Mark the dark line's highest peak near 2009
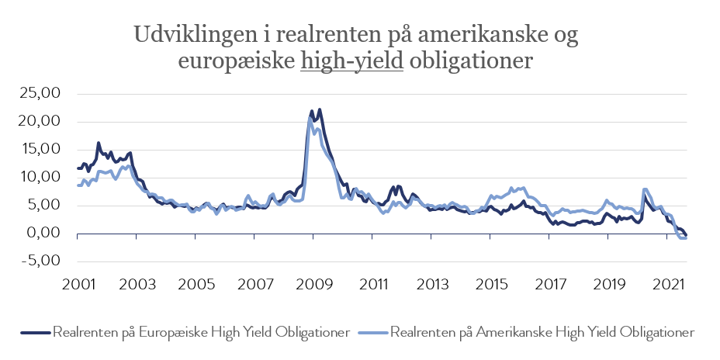pos(320,109)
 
